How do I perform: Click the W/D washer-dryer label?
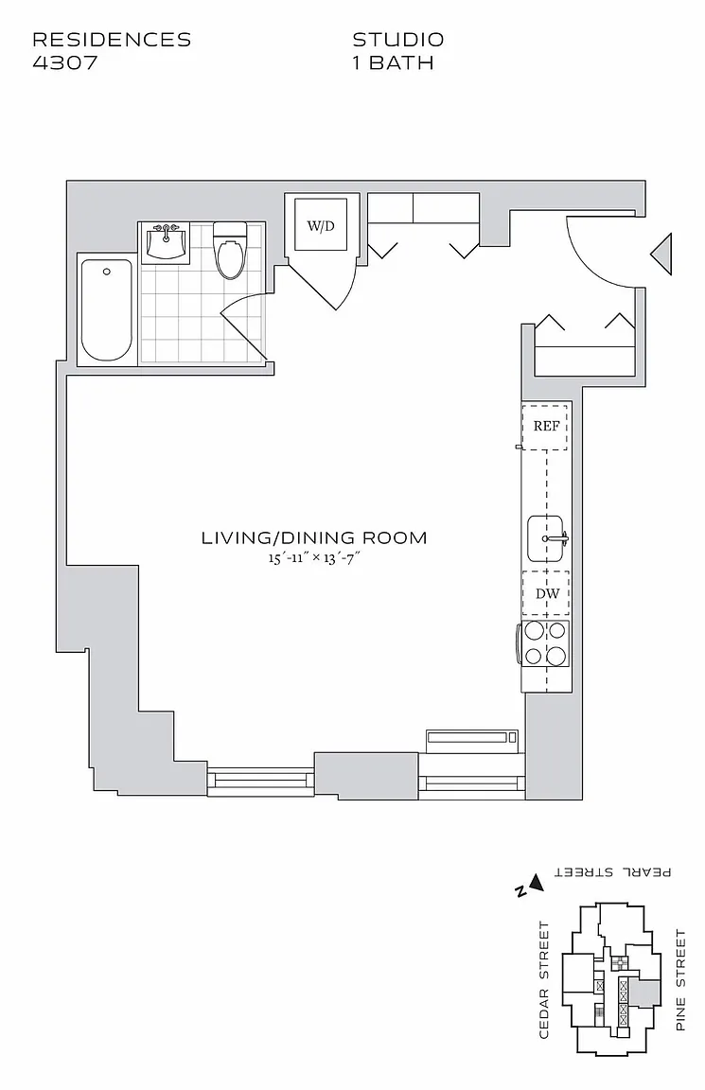(x=321, y=226)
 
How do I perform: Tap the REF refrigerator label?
(x=546, y=426)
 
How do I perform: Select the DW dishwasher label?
(x=547, y=593)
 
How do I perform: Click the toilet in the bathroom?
(x=229, y=250)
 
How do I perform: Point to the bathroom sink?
(x=166, y=242)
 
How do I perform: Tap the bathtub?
(x=106, y=310)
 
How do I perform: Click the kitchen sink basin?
(x=545, y=538)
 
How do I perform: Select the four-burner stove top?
(x=546, y=643)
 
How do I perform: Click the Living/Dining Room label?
(x=314, y=537)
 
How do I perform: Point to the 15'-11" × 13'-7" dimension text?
(x=314, y=556)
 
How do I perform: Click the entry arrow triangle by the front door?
(x=661, y=254)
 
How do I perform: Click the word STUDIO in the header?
(x=397, y=40)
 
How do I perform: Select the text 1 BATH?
(x=394, y=62)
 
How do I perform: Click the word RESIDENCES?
(x=112, y=40)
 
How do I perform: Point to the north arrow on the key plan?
(x=536, y=883)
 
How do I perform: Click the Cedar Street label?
(x=544, y=979)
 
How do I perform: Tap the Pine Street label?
(x=680, y=979)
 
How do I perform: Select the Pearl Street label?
(x=612, y=871)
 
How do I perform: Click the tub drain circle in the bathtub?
(x=106, y=272)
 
